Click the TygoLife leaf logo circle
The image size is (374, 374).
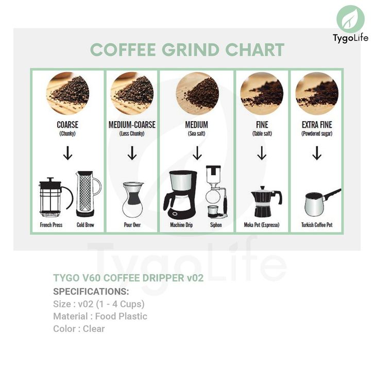[350, 20]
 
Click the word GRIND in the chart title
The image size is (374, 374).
[190, 49]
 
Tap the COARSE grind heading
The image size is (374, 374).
[67, 125]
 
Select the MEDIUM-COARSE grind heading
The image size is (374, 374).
[132, 125]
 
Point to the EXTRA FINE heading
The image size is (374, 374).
[317, 125]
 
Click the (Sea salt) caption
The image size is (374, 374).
[197, 133]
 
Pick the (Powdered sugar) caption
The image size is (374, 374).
[317, 133]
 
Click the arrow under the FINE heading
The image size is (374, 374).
[262, 153]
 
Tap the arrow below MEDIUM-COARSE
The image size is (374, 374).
[132, 153]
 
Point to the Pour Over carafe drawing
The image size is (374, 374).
[133, 200]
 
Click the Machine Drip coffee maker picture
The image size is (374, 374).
[180, 195]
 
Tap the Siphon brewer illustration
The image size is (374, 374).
[216, 192]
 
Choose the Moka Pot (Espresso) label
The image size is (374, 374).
[262, 225]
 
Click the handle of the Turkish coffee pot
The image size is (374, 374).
[332, 194]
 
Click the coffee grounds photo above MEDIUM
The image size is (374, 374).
[197, 94]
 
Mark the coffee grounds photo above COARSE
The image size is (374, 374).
[67, 94]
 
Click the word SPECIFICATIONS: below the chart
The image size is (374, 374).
[91, 292]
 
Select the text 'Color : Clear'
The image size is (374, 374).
[79, 329]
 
